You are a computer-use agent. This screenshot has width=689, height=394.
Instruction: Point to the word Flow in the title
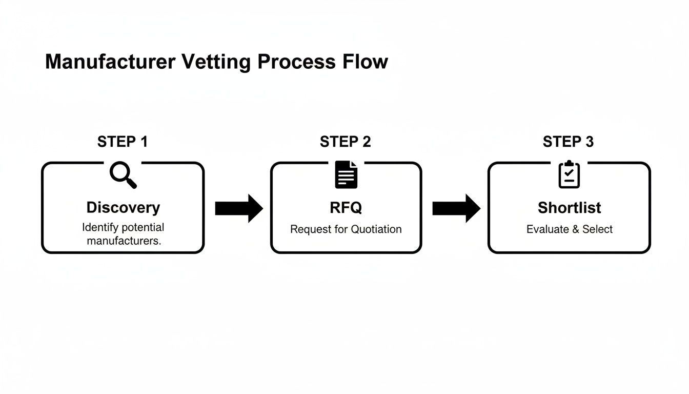click(x=366, y=62)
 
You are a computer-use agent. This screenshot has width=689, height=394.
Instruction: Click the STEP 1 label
click(x=123, y=142)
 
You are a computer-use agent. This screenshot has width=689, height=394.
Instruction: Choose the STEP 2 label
click(x=345, y=142)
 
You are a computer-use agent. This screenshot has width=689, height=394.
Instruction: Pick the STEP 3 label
click(x=568, y=142)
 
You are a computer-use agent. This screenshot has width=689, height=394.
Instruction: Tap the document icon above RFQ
click(x=346, y=174)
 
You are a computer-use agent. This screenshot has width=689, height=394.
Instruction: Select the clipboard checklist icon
click(x=569, y=174)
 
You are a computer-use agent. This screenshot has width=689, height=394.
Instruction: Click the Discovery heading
click(x=123, y=207)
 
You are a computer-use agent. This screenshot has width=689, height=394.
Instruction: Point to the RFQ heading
click(x=346, y=207)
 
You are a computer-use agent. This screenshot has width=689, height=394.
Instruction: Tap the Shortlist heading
click(x=569, y=207)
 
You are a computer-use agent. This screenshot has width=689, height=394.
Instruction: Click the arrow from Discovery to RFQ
click(x=238, y=208)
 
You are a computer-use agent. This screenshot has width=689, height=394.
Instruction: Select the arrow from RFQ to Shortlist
click(x=456, y=208)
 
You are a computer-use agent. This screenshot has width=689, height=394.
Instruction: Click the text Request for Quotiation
click(x=346, y=229)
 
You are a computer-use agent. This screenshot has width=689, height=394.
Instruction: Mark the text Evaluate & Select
click(x=569, y=229)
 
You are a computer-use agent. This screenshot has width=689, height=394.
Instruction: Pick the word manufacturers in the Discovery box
click(x=123, y=241)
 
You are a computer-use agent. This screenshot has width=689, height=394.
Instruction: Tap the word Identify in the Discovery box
click(x=99, y=227)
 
